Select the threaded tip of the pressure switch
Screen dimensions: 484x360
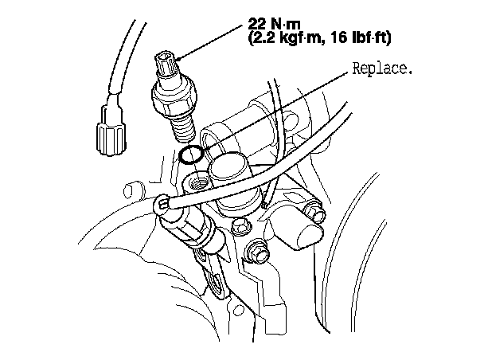coord(185,123)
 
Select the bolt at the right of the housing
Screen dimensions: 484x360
coord(314,213)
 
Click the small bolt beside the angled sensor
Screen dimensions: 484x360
coord(238,232)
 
